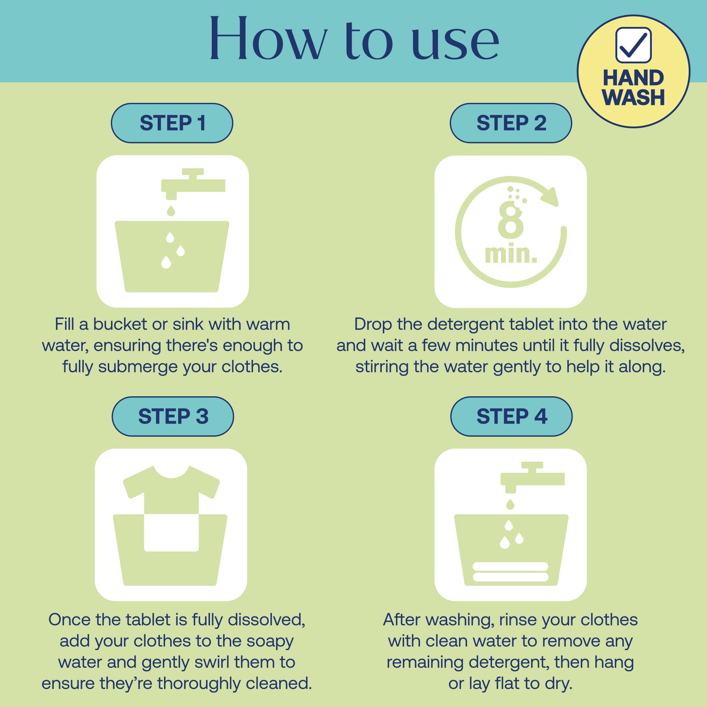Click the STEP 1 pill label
point(172,123)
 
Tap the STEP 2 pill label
point(511,123)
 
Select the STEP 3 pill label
point(173,416)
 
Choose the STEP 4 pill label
point(511,416)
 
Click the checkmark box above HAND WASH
point(633,45)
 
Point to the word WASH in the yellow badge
point(634,97)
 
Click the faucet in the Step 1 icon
point(193,183)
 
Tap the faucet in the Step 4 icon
point(532,477)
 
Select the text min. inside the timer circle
point(511,254)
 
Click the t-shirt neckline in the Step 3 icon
point(171,472)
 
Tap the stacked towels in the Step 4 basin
point(510,571)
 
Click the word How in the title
point(268,39)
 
